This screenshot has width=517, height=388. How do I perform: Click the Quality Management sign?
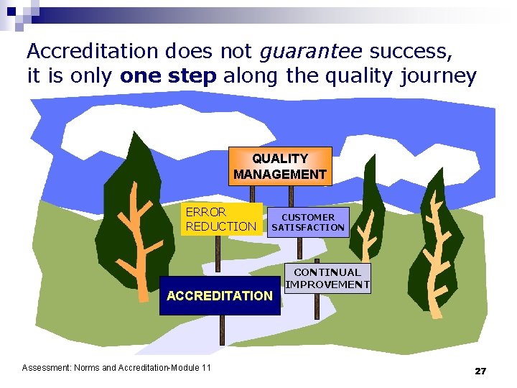point(280,166)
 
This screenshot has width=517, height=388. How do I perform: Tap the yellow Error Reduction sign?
point(221,219)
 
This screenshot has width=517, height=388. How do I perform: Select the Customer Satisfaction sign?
point(307,222)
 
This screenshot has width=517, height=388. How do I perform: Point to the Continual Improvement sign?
point(327,278)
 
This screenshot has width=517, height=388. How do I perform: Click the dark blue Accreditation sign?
point(219,295)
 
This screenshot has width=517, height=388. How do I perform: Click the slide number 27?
point(480,371)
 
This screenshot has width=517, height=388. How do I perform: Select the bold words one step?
point(168,77)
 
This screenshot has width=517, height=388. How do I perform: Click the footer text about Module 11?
point(116,368)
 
